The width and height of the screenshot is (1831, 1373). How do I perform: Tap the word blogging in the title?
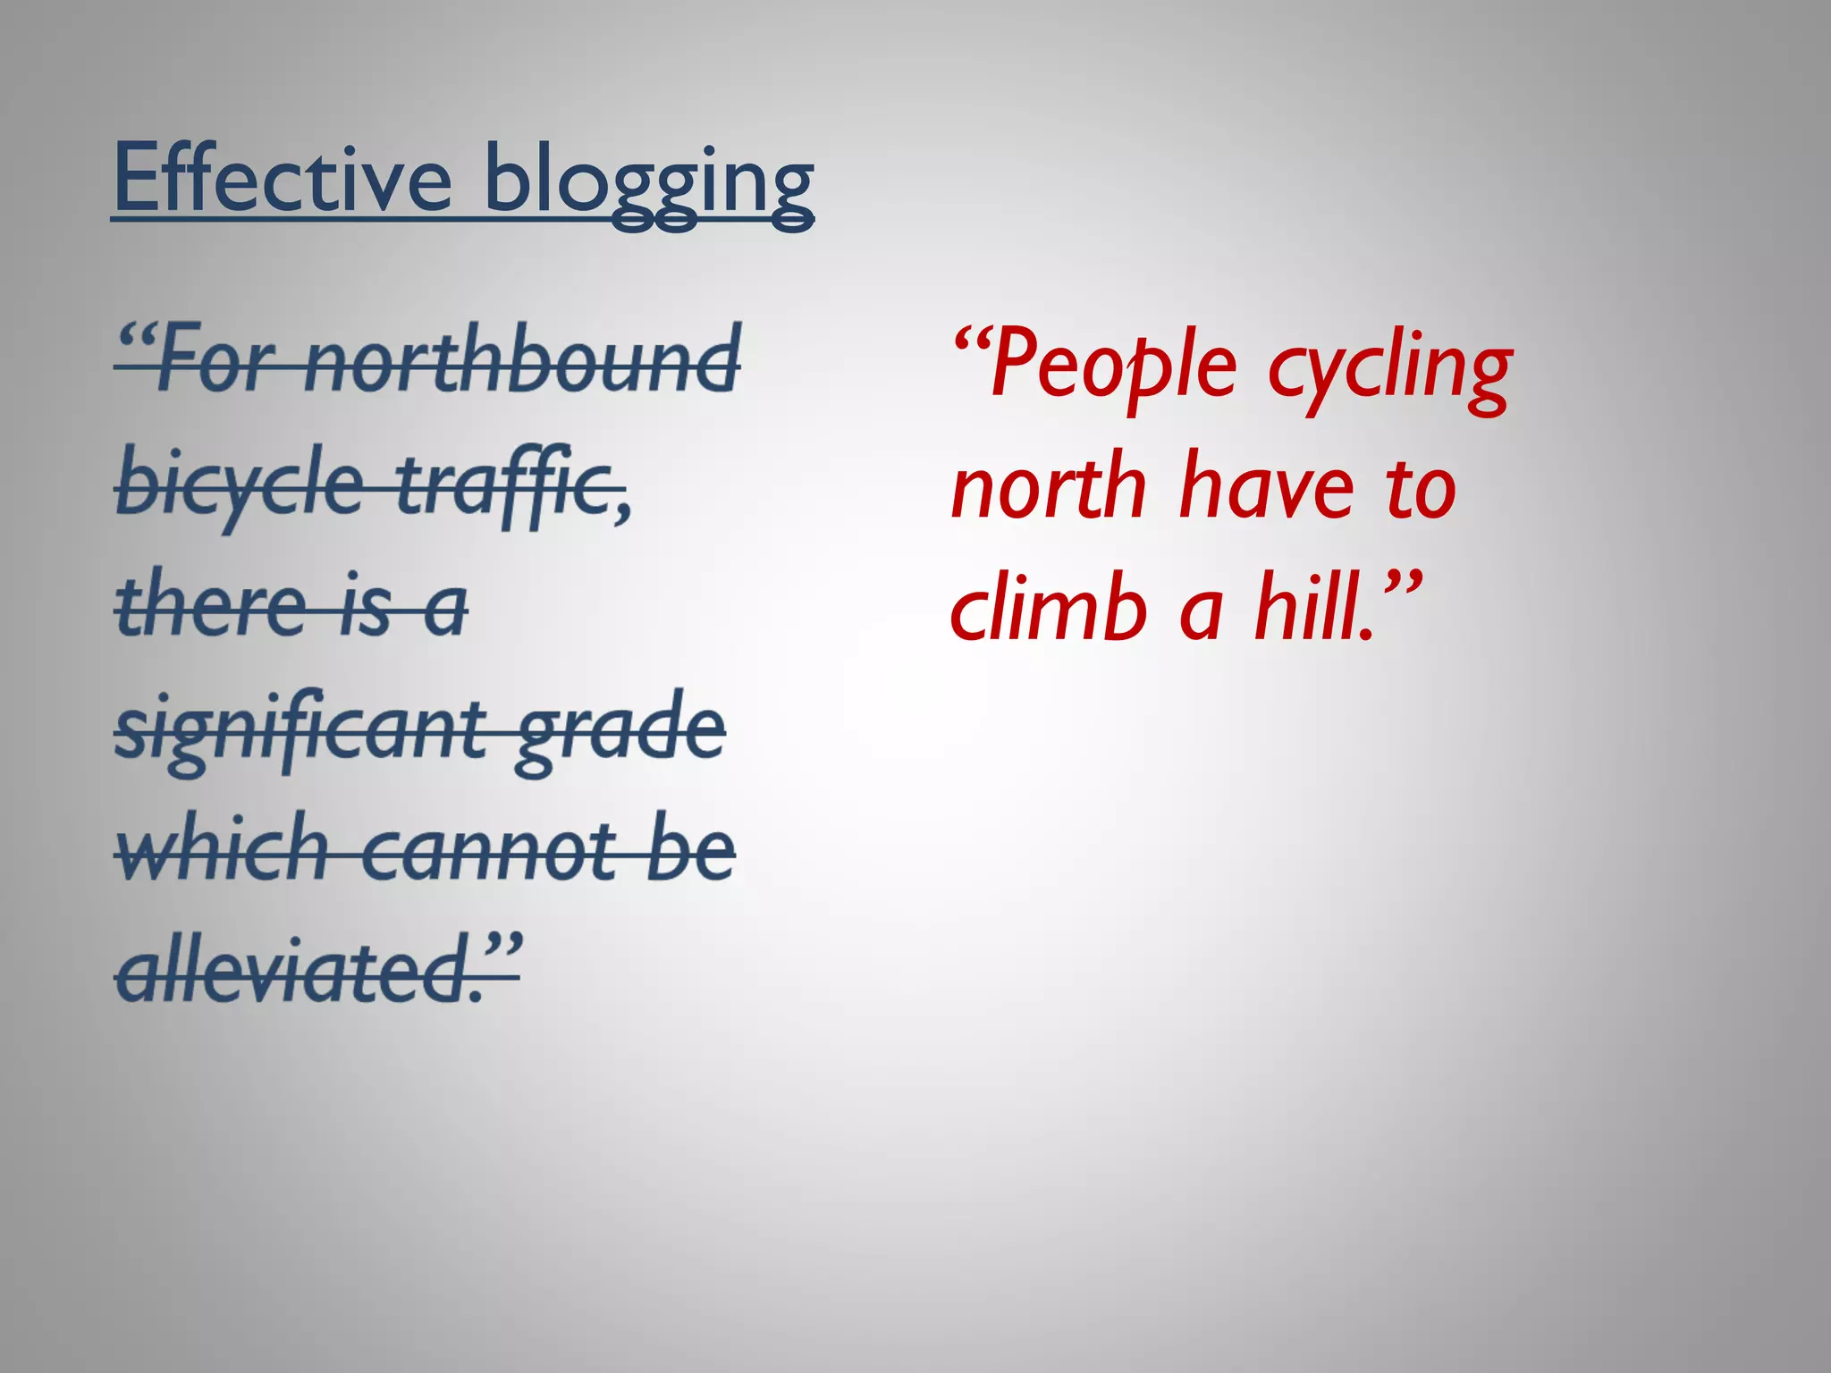click(648, 183)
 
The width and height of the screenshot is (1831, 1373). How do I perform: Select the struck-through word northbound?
click(523, 359)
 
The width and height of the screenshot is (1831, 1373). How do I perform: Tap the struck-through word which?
click(223, 848)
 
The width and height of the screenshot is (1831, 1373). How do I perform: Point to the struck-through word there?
click(210, 605)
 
